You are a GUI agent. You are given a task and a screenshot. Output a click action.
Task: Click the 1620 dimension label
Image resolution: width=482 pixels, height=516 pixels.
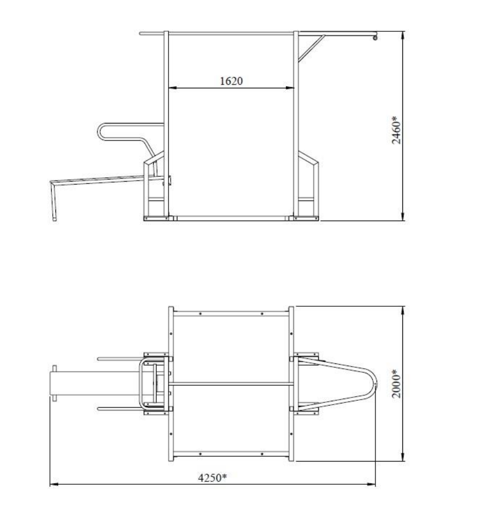pyautogui.click(x=231, y=81)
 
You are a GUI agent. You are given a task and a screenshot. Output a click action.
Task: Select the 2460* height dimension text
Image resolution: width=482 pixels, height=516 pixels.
pyautogui.click(x=396, y=130)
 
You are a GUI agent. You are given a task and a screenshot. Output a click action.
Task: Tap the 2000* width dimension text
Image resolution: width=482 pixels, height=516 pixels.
pyautogui.click(x=396, y=384)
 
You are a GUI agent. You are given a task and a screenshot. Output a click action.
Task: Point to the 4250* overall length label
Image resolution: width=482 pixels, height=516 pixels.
pyautogui.click(x=212, y=478)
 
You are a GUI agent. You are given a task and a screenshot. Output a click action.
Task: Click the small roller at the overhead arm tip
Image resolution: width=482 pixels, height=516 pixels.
pyautogui.click(x=375, y=38)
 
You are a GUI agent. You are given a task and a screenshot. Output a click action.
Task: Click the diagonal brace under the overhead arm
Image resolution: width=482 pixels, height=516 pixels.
pyautogui.click(x=311, y=48)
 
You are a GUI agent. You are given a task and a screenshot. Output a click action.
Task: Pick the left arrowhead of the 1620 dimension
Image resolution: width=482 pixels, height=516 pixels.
pyautogui.click(x=172, y=88)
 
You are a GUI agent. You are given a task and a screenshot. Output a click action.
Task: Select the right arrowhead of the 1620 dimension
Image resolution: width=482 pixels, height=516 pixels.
pyautogui.click(x=290, y=88)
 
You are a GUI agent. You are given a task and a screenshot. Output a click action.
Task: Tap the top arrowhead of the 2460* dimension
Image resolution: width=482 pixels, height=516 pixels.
pyautogui.click(x=403, y=36)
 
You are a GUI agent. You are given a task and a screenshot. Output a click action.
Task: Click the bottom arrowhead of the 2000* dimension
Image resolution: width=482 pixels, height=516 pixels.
pyautogui.click(x=403, y=457)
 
